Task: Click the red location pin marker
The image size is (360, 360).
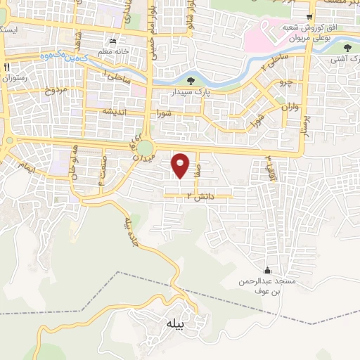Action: point(181,165)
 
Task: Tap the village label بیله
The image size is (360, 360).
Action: point(175,325)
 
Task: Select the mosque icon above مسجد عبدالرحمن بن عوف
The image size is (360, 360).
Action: point(266,271)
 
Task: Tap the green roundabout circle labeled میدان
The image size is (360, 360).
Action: point(146,148)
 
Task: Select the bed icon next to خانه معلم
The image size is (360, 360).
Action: point(113,39)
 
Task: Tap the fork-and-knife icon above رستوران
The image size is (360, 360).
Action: point(7,66)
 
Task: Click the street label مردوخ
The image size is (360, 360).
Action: point(55,89)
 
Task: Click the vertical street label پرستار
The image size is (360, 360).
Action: point(307,120)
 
